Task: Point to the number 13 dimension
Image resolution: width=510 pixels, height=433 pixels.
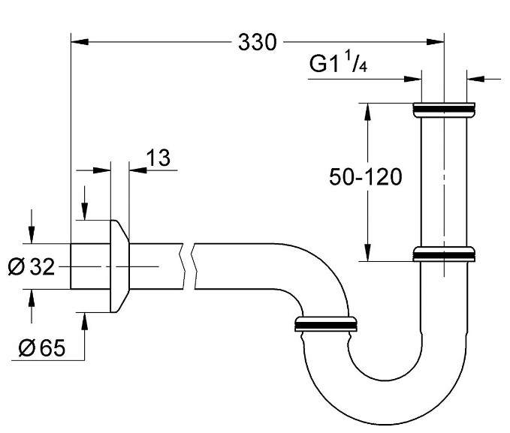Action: tap(158, 158)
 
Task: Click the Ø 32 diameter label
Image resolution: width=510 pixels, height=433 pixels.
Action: tap(32, 267)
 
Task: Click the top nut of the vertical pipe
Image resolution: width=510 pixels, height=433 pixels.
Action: tap(444, 110)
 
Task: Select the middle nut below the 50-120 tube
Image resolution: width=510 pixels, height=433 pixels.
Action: tap(444, 254)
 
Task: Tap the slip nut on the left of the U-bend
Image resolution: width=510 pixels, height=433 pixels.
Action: tap(326, 323)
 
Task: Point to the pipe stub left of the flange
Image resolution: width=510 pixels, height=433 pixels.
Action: tap(89, 266)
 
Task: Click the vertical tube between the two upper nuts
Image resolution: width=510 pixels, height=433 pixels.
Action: tap(444, 180)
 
